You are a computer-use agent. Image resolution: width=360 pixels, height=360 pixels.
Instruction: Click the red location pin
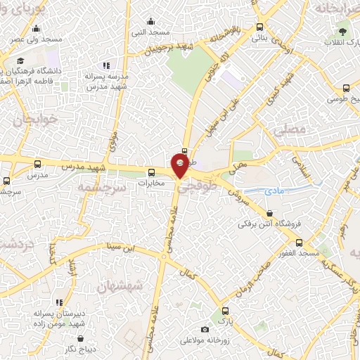181,165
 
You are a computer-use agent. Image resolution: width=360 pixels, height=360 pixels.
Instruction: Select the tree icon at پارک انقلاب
343,30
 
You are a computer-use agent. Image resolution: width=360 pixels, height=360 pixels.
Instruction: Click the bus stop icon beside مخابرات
150,173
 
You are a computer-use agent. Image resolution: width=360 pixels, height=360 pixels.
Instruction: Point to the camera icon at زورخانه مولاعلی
205,329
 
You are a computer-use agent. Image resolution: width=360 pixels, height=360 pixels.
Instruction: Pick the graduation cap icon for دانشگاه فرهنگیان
20,61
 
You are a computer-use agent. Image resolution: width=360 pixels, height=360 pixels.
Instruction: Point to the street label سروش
239,194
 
